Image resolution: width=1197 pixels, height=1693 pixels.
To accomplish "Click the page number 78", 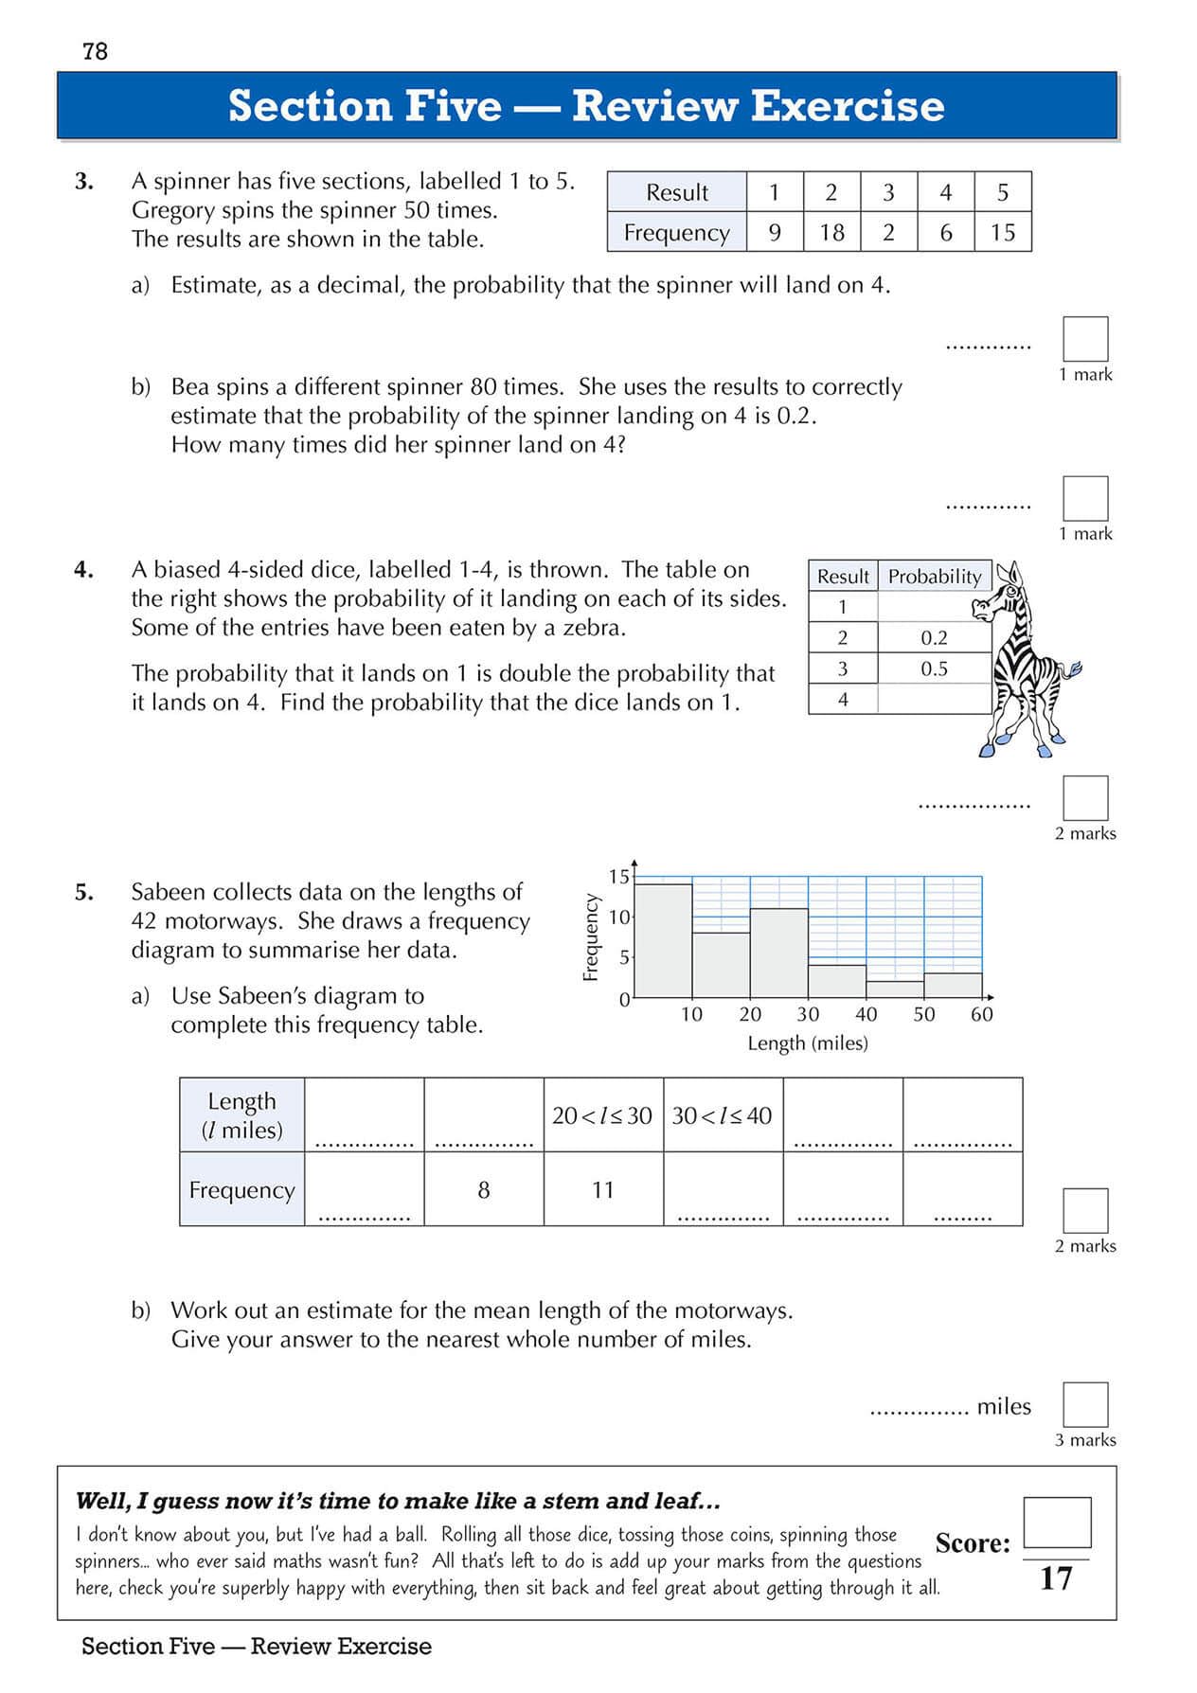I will pyautogui.click(x=96, y=52).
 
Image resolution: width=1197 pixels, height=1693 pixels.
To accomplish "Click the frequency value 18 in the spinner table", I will pyautogui.click(x=831, y=233).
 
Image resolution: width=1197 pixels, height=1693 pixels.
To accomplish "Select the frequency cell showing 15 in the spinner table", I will pyautogui.click(x=1002, y=233).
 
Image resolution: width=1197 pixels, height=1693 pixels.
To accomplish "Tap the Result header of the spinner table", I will pyautogui.click(x=676, y=192).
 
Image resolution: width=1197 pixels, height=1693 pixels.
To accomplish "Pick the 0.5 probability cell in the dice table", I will pyautogui.click(x=934, y=669).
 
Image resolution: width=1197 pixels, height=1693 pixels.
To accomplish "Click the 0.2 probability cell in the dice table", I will pyautogui.click(x=934, y=638).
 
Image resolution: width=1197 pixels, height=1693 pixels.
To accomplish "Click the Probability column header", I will pyautogui.click(x=934, y=577).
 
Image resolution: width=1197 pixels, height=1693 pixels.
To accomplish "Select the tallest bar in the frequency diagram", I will pyautogui.click(x=663, y=940).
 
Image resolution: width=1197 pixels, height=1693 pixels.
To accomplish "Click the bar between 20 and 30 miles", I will pyautogui.click(x=778, y=953).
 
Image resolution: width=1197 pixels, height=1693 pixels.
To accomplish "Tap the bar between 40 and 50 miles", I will pyautogui.click(x=895, y=989).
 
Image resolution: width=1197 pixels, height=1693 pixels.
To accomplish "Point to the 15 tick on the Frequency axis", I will pyautogui.click(x=618, y=877).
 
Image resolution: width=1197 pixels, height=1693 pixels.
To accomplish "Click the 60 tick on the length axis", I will pyautogui.click(x=982, y=1015).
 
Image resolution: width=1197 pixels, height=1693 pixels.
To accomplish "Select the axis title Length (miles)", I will pyautogui.click(x=807, y=1043).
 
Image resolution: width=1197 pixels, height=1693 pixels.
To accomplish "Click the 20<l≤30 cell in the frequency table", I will pyautogui.click(x=602, y=1115).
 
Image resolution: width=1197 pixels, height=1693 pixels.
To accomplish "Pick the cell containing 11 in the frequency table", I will pyautogui.click(x=603, y=1190).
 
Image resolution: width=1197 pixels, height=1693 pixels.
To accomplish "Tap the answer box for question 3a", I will pyautogui.click(x=1085, y=339).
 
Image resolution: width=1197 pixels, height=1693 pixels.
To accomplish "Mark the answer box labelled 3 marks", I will pyautogui.click(x=1085, y=1404).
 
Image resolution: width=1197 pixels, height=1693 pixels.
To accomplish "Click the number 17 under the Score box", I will pyautogui.click(x=1056, y=1578).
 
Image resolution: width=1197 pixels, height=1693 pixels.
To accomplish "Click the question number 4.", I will pyautogui.click(x=83, y=570).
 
